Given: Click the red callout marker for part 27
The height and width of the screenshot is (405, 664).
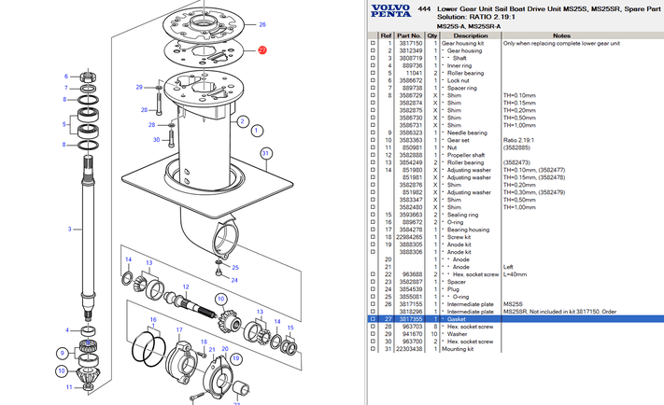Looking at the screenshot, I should tap(262, 49).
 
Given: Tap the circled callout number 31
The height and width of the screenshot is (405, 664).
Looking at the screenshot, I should tap(266, 153).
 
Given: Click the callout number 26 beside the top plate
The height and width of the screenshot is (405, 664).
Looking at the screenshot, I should tap(262, 24).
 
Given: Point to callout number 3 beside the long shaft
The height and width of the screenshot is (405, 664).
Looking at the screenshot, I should tap(70, 229).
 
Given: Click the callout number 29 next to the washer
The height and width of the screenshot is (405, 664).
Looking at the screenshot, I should tap(139, 87).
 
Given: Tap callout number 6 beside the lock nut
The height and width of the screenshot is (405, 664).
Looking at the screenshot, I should tap(66, 77).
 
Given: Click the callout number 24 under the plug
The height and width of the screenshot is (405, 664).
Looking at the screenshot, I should tap(234, 279).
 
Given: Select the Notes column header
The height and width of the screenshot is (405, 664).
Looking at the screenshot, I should tap(561, 36).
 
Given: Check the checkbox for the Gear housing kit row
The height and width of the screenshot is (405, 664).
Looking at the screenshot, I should tap(374, 43).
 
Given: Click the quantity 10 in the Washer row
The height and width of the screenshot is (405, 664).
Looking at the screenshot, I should tap(433, 333).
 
